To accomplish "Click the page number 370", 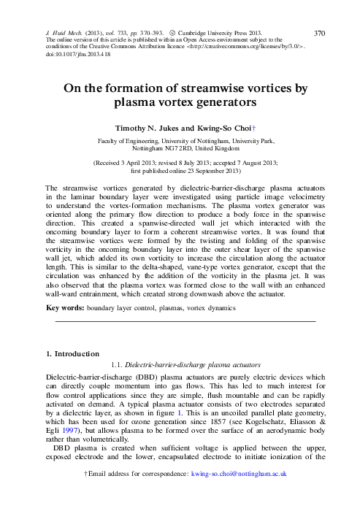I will (319, 34).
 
